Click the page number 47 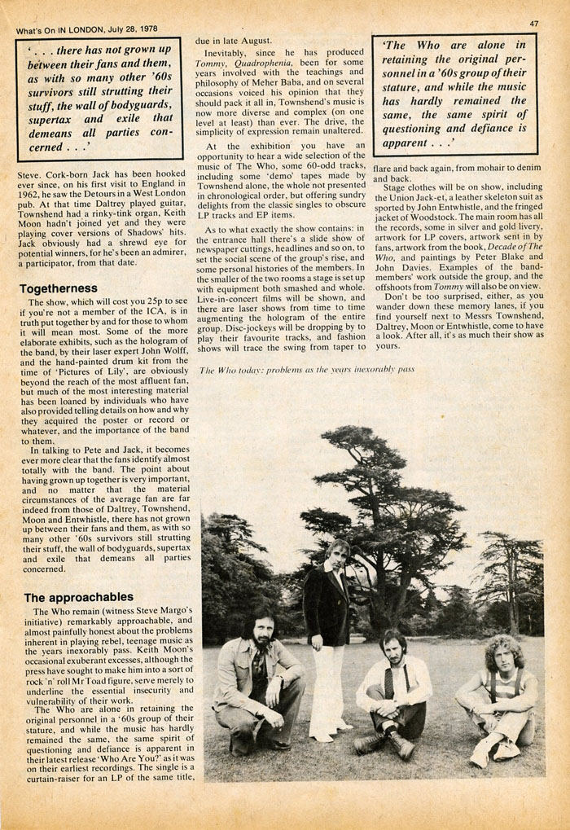[534, 25]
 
